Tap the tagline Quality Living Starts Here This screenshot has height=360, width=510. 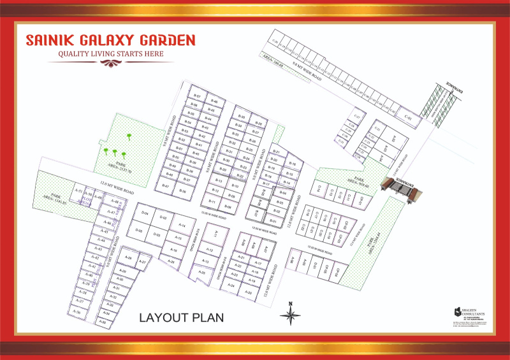tap(111, 55)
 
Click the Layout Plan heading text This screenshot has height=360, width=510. tap(182, 317)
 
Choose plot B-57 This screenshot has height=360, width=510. tap(196, 96)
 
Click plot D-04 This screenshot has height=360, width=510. tap(145, 213)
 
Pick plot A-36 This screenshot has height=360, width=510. tap(76, 312)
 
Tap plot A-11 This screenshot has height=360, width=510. tap(217, 233)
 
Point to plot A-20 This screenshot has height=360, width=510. tap(249, 293)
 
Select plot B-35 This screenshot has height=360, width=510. tap(242, 117)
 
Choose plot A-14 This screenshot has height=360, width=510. tap(182, 226)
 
